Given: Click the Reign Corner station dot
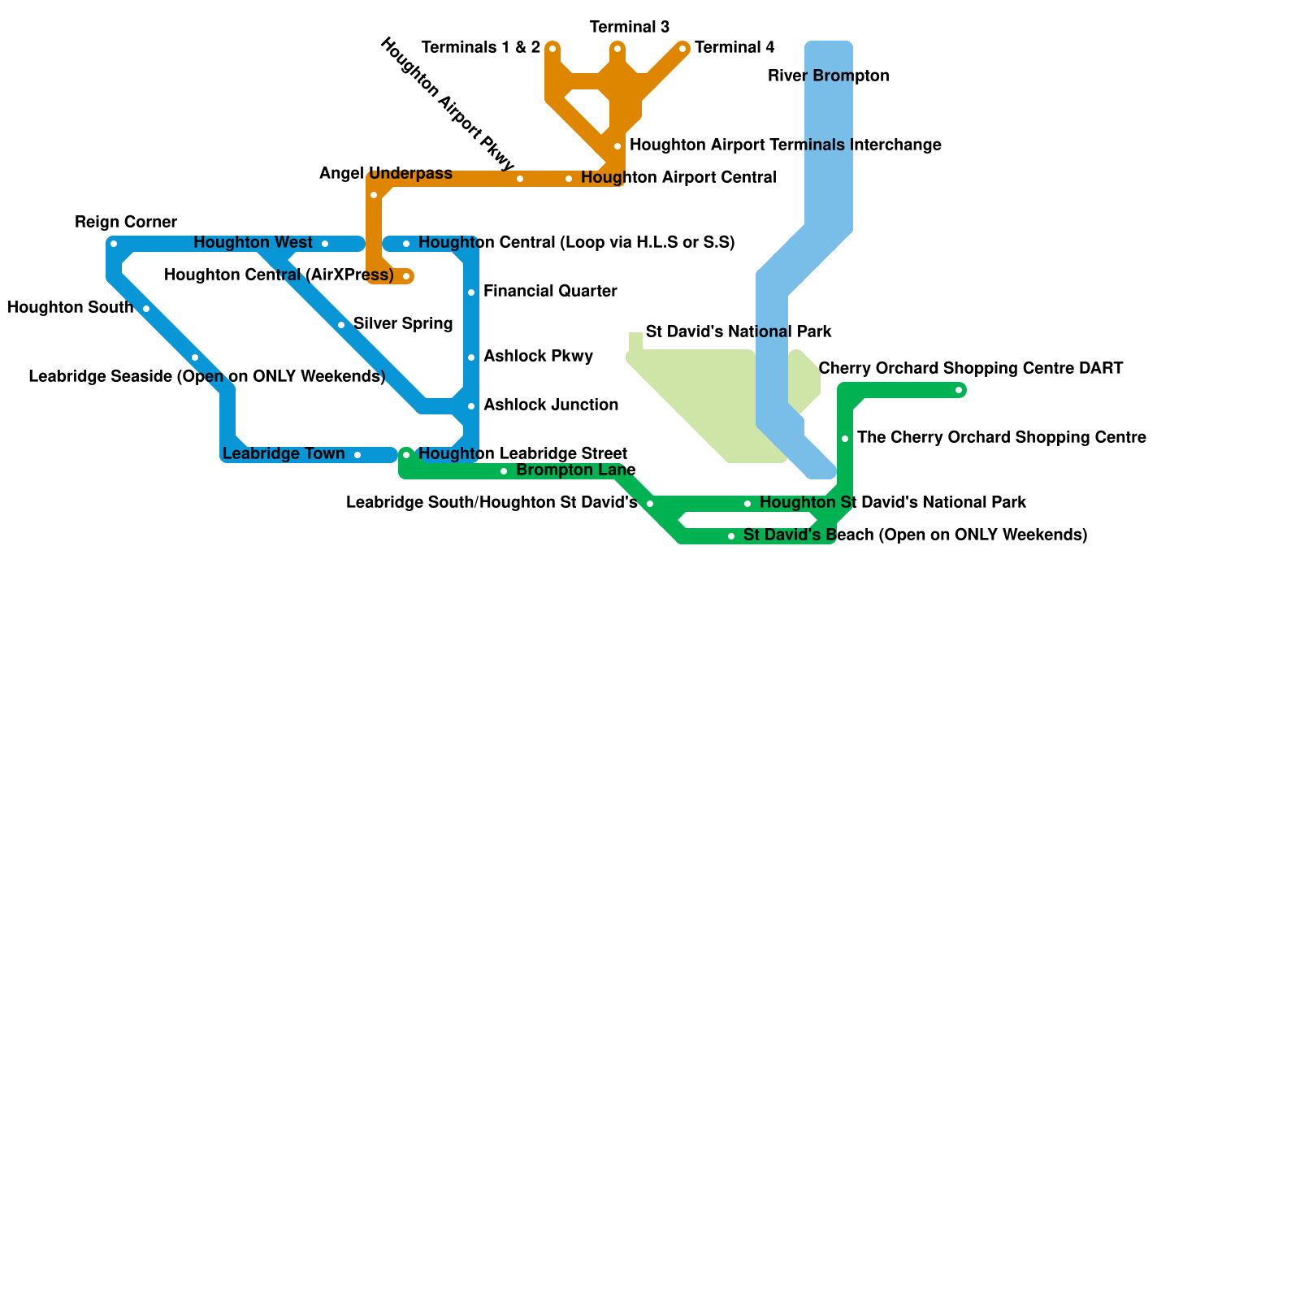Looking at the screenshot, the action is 114,244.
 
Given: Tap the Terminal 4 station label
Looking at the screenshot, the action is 734,48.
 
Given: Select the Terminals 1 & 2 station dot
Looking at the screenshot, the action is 552,49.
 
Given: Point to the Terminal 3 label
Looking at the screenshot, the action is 630,28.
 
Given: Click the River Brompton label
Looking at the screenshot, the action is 829,76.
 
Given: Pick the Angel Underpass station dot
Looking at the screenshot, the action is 374,195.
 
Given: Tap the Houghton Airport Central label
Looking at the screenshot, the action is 678,178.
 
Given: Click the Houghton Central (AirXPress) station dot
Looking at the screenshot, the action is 406,276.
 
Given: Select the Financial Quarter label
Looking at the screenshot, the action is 550,292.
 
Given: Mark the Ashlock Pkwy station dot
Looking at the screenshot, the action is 471,357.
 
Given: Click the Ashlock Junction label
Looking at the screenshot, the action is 551,405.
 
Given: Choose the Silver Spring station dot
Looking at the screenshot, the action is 341,325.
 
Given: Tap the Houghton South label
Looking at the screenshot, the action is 71,308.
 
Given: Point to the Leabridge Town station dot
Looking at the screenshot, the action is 357,455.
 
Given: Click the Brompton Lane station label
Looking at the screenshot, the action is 576,470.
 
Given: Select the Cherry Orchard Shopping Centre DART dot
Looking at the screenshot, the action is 959,390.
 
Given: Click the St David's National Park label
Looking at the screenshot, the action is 739,332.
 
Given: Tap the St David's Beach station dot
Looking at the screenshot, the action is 731,536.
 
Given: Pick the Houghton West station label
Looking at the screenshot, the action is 253,243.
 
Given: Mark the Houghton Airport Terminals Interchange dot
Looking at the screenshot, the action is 617,146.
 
